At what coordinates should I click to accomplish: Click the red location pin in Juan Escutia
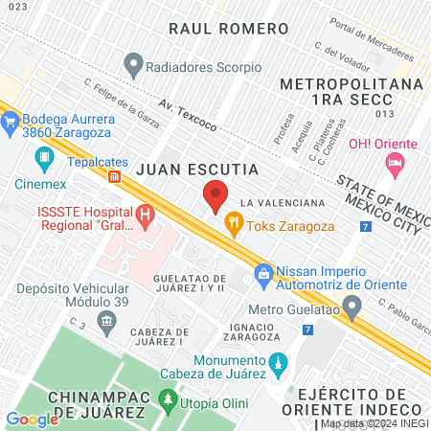215,195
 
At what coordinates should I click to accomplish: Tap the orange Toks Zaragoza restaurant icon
233,225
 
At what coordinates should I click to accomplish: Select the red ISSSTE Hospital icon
145,216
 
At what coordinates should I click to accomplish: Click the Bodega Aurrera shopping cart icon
11,122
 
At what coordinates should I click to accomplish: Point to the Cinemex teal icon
44,156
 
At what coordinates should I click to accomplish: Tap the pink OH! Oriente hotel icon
393,165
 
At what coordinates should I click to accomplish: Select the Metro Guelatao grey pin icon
353,307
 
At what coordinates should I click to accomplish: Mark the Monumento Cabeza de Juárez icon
279,364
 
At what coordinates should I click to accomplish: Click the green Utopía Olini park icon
169,398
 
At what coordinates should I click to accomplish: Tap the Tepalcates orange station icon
114,176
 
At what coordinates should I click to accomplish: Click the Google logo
32,419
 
